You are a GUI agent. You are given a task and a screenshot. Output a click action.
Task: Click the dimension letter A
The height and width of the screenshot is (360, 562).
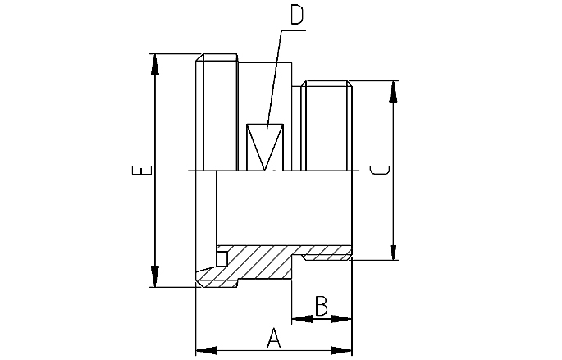(x=274, y=336)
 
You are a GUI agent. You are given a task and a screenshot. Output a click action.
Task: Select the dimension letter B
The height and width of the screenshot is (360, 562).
(x=322, y=307)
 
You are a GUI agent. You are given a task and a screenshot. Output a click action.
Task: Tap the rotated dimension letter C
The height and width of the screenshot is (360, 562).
(x=379, y=171)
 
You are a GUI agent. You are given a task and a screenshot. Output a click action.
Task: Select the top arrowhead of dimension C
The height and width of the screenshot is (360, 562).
(x=394, y=90)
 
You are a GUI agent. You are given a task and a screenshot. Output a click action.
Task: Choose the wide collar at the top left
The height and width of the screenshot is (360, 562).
(x=217, y=111)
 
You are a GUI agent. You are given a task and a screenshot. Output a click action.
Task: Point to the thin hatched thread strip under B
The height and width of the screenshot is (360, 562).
(x=327, y=257)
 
